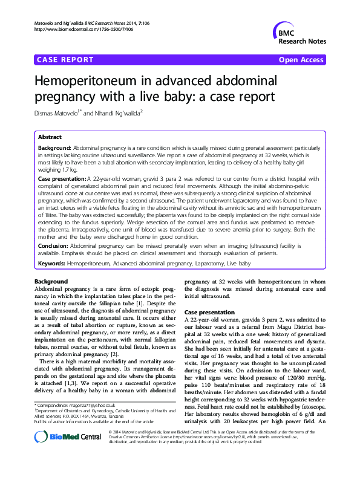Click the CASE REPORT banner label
click(65, 60)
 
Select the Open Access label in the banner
click(303, 60)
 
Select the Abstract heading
click(50, 137)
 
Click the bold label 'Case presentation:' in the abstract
click(62, 180)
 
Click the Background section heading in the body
click(51, 282)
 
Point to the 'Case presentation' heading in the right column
click(211, 311)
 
